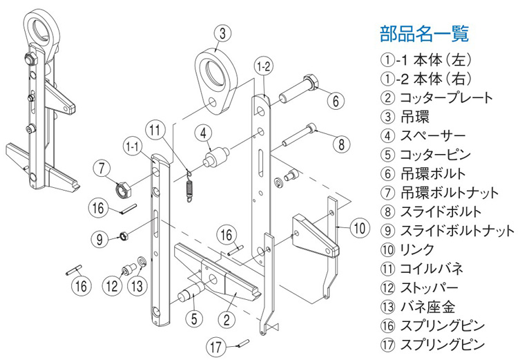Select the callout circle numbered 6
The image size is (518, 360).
click(334, 101)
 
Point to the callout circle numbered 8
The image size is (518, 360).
click(340, 144)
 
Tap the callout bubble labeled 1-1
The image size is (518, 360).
click(133, 146)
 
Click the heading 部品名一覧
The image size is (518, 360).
click(424, 32)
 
